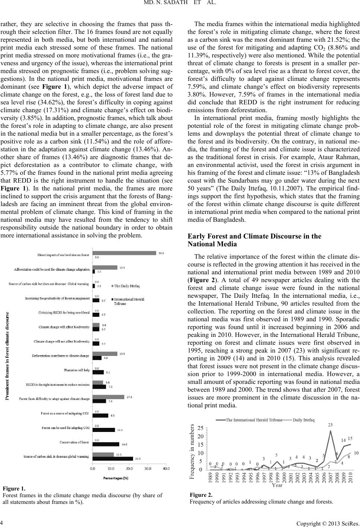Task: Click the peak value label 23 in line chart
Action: click(330, 425)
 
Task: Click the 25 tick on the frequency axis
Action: click(200, 428)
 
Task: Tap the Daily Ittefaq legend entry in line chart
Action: click(303, 420)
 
